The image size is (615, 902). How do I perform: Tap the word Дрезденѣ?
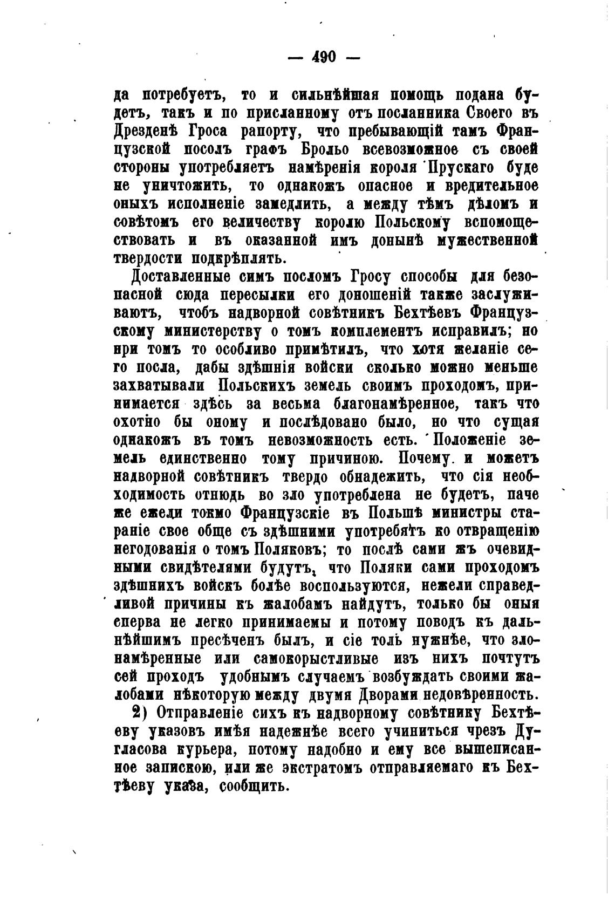[x=146, y=132]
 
